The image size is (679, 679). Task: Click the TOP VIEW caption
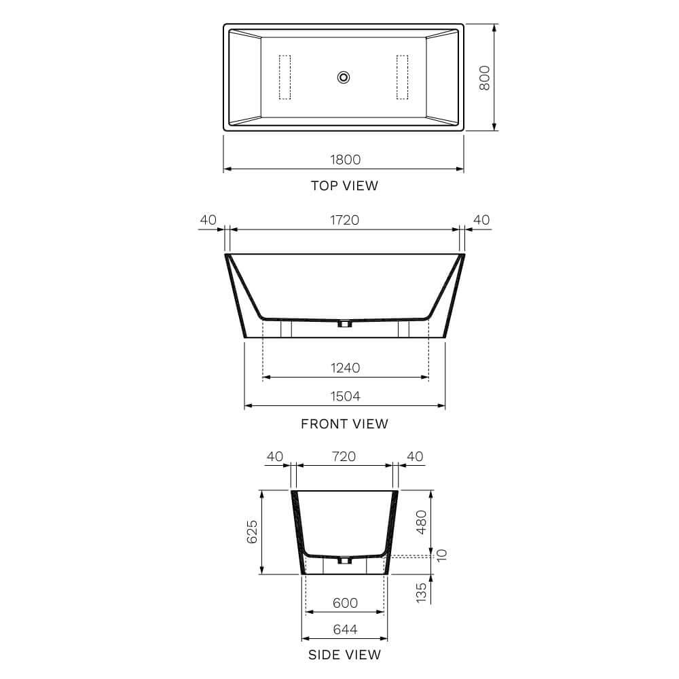pos(344,185)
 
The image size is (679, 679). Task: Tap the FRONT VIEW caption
pos(344,424)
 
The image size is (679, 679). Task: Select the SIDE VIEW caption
pos(344,655)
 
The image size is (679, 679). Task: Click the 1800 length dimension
pos(345,160)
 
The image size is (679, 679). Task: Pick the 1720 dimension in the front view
pos(345,220)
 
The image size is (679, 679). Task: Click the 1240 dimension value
pos(345,368)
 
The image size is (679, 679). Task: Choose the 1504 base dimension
pos(345,397)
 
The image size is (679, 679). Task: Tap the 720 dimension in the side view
pos(344,456)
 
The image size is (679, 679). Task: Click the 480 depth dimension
pos(422,521)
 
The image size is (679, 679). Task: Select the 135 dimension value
pos(422,591)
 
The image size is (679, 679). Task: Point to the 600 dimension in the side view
pos(344,603)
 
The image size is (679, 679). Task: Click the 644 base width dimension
pos(344,629)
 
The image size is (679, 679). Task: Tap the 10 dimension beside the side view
pos(443,555)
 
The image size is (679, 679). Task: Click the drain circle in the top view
pos(344,77)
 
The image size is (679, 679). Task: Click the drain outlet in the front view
pos(345,324)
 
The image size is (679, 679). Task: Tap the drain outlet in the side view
pos(344,561)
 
